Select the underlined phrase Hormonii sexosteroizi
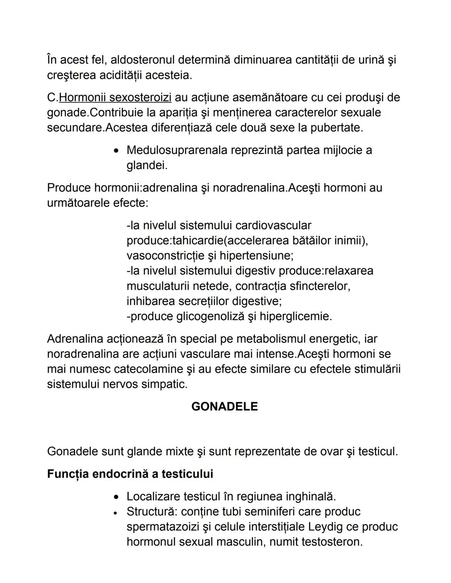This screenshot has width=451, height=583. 115,98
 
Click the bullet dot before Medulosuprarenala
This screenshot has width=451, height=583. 117,151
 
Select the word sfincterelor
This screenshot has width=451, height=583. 319,286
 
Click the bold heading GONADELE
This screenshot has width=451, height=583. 225,406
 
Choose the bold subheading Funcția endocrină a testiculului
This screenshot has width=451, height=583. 130,474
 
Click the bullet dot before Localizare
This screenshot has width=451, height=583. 117,497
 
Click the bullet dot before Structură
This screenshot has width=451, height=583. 117,512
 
